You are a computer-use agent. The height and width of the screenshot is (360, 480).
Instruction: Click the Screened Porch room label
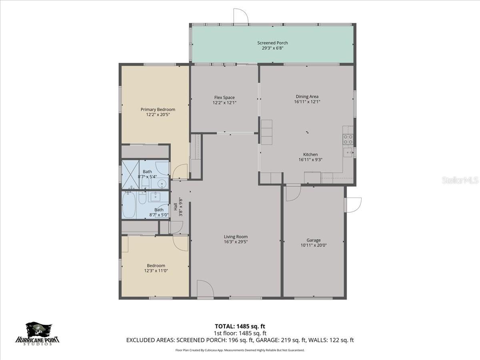(272, 43)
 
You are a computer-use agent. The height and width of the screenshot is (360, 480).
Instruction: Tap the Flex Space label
(224, 98)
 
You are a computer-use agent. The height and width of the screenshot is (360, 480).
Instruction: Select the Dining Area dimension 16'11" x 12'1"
(307, 102)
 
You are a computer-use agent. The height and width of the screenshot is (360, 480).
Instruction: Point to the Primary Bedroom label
(158, 110)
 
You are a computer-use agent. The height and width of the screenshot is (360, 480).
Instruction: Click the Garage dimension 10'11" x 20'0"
(314, 246)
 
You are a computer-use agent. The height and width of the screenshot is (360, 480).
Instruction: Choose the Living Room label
(236, 236)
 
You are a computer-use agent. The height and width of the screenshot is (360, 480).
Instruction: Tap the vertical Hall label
(175, 207)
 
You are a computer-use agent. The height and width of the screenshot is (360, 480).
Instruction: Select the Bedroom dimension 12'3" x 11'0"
(156, 271)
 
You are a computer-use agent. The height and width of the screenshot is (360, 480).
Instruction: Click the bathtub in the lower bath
(129, 205)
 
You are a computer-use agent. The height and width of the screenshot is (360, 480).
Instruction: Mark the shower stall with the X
(130, 174)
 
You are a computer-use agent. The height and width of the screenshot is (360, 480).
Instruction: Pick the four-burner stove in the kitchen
(348, 139)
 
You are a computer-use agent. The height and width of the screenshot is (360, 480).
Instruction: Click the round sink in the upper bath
(162, 184)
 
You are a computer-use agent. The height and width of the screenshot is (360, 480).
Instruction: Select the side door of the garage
(354, 205)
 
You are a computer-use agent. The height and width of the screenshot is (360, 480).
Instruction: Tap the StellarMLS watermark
(460, 180)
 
